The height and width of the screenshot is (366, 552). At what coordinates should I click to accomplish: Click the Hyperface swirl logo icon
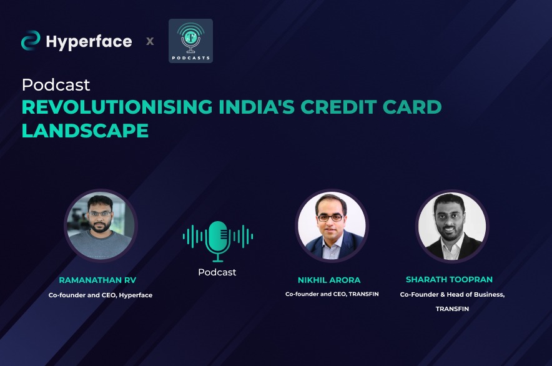click(x=31, y=41)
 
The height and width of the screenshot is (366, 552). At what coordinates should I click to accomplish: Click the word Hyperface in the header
click(x=89, y=42)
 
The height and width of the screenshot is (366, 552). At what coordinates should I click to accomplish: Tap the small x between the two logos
click(x=150, y=41)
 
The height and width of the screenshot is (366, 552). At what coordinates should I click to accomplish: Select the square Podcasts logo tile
click(x=191, y=41)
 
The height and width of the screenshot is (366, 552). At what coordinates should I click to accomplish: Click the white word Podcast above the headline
click(x=56, y=85)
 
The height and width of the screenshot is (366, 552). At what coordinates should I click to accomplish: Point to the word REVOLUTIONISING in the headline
click(x=117, y=107)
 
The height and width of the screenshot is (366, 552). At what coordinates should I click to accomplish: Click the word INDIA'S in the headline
click(x=257, y=107)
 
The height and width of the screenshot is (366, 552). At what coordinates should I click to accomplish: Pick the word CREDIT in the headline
click(x=338, y=107)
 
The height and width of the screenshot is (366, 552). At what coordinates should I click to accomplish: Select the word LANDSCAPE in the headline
click(x=85, y=131)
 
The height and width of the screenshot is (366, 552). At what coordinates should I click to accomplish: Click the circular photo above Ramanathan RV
click(x=101, y=226)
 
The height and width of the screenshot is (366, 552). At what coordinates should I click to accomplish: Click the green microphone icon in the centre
click(x=218, y=241)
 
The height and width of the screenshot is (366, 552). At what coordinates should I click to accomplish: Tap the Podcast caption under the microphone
click(x=217, y=272)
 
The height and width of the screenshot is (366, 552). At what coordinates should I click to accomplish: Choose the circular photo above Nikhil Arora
click(x=332, y=226)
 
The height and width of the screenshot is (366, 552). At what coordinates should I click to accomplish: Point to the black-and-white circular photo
click(x=452, y=226)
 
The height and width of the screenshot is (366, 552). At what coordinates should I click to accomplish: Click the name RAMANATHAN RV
click(x=97, y=280)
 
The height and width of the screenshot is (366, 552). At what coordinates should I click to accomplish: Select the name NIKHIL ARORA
click(x=329, y=280)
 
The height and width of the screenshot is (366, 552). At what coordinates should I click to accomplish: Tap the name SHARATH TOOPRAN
click(x=449, y=280)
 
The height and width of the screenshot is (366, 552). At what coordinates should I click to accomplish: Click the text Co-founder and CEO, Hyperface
click(x=101, y=295)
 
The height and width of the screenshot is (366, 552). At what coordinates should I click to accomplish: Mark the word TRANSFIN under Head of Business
click(x=452, y=309)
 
